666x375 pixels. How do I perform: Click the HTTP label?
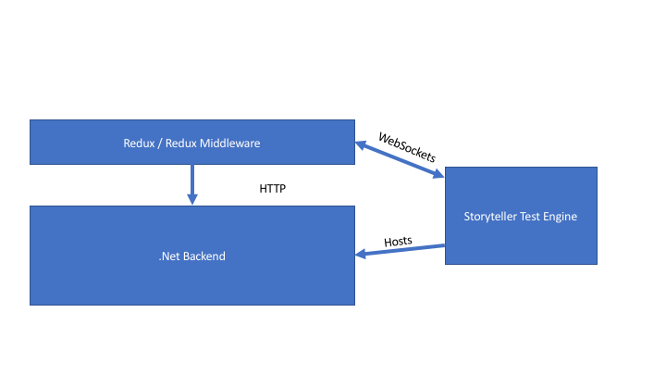click(273, 188)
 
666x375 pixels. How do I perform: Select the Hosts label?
click(399, 242)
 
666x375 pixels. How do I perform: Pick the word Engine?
click(561, 217)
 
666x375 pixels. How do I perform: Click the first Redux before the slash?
click(138, 143)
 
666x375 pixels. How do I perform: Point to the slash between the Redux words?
click(159, 143)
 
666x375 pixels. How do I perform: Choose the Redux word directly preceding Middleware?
click(179, 143)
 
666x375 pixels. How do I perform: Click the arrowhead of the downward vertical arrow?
click(192, 198)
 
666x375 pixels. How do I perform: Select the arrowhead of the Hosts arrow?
click(362, 254)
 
